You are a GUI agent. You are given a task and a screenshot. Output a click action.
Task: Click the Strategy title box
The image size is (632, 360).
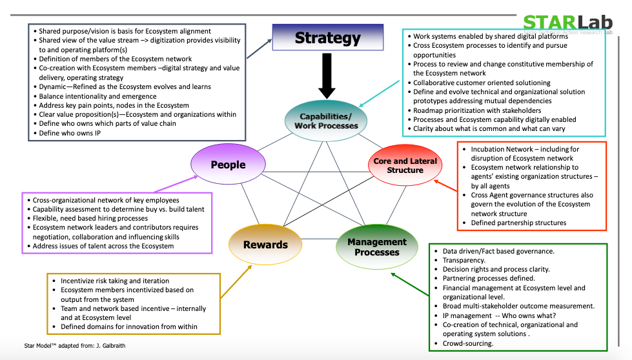(327, 38)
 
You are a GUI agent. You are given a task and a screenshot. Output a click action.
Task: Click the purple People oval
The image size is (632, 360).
(228, 165)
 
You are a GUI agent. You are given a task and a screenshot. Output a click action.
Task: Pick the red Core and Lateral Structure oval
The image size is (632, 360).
(405, 166)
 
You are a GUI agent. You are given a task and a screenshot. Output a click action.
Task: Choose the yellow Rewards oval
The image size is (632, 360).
(265, 245)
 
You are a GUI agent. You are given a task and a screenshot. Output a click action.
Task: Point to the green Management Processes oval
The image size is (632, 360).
(377, 246)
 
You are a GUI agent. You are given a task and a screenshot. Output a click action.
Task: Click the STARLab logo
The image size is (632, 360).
(567, 22)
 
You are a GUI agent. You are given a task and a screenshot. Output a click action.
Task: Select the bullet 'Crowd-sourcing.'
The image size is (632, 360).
(468, 343)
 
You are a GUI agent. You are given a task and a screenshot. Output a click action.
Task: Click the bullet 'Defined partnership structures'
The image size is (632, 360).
(518, 223)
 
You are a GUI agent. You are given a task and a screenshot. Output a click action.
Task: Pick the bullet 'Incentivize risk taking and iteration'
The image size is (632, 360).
(115, 281)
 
